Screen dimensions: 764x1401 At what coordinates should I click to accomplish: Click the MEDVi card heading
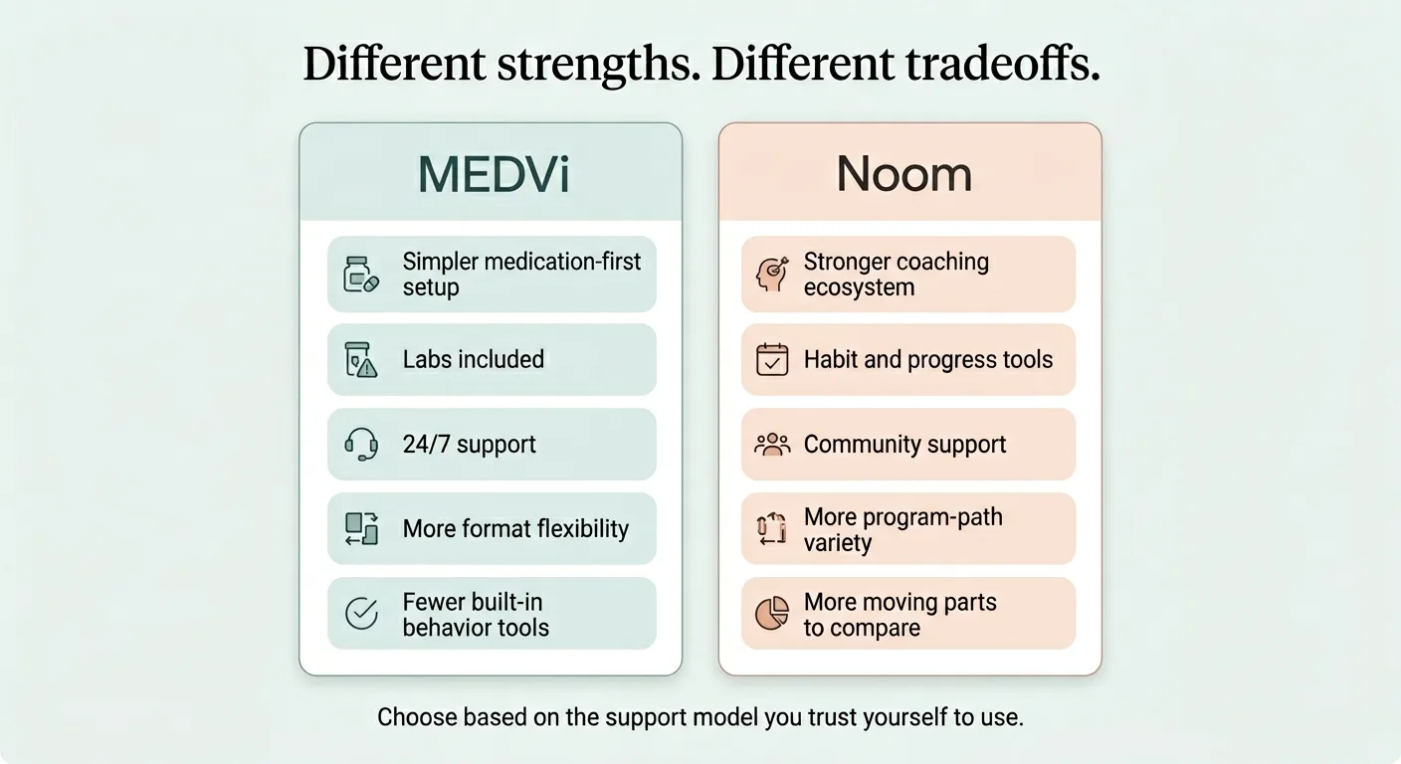(x=494, y=174)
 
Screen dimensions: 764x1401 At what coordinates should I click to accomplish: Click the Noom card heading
(x=903, y=174)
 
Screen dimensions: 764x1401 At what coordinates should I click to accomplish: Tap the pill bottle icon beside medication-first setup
(x=361, y=275)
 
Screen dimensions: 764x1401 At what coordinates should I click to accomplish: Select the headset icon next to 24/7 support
(x=361, y=444)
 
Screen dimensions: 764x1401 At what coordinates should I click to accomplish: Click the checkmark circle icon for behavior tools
(x=361, y=614)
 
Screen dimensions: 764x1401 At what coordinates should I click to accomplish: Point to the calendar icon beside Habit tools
(x=772, y=359)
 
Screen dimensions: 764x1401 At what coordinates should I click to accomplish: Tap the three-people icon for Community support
(x=772, y=444)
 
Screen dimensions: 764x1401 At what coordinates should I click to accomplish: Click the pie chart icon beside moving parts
(x=772, y=614)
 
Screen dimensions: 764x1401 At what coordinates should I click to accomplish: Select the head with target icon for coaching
(x=772, y=275)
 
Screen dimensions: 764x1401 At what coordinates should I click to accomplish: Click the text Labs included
(x=473, y=359)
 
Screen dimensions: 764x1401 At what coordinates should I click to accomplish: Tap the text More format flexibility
(x=515, y=528)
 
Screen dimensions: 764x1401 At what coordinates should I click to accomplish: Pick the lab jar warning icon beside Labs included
(x=361, y=359)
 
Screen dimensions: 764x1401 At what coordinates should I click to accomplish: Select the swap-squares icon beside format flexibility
(x=361, y=528)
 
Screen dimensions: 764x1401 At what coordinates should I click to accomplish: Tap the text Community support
(x=904, y=444)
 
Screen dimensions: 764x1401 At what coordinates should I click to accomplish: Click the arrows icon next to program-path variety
(x=772, y=528)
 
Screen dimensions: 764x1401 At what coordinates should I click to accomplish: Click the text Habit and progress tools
(x=927, y=359)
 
